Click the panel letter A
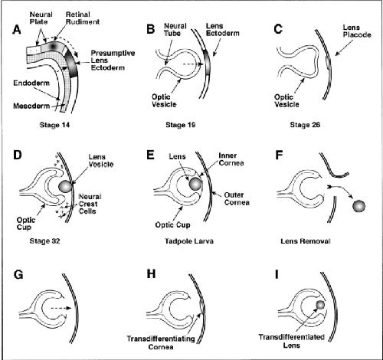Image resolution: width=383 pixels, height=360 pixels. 17,30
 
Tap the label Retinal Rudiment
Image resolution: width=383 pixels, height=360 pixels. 83,18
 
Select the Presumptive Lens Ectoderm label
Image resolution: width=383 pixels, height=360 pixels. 113,61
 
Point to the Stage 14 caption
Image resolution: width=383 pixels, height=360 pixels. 54,125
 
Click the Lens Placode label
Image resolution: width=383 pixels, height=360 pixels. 357,31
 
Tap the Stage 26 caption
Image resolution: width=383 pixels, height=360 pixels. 305,125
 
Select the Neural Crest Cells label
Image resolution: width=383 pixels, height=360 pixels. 90,204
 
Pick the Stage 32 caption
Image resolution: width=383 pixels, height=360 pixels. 44,241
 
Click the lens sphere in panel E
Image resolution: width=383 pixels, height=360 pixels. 195,183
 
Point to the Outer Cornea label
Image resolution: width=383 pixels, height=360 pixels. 237,198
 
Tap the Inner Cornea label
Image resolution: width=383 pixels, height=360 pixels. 231,159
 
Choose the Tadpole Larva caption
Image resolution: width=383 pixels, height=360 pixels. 189,241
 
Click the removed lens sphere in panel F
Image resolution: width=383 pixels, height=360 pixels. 359,206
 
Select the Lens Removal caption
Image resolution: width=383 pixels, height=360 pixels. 306,241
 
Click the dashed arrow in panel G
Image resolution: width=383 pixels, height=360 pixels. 61,308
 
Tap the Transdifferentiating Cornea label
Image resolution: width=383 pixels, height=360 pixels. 161,342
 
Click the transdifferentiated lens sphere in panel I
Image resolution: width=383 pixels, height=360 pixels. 320,305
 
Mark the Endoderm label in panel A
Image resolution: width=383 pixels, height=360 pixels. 31,83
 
